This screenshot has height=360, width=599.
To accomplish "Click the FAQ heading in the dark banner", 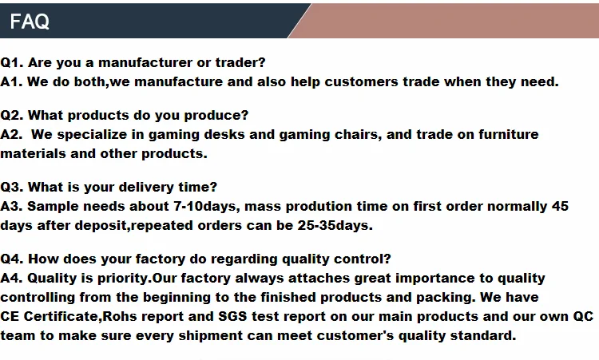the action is pyautogui.click(x=30, y=21).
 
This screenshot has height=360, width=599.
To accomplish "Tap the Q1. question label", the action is pyautogui.click(x=12, y=62).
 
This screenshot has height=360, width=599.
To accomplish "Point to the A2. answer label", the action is pyautogui.click(x=11, y=134).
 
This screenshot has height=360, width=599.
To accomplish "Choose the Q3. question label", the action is pyautogui.click(x=12, y=187).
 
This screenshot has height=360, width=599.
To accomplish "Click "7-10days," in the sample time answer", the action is pyautogui.click(x=207, y=207).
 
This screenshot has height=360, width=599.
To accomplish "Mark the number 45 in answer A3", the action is pyautogui.click(x=560, y=206).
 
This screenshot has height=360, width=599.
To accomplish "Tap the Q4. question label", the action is pyautogui.click(x=12, y=259).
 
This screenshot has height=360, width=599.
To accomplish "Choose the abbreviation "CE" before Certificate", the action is pyautogui.click(x=10, y=316).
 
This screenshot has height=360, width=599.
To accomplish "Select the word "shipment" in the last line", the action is pyautogui.click(x=211, y=336).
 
